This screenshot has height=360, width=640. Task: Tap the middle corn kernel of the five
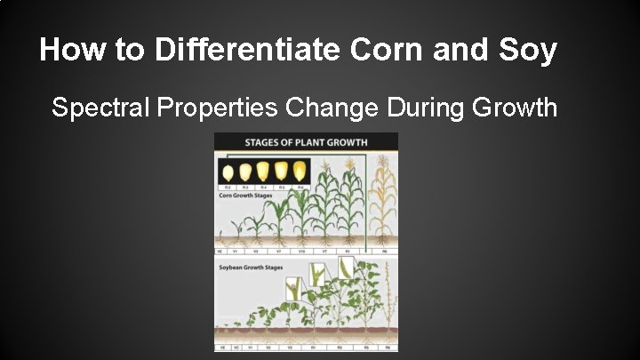click(264, 172)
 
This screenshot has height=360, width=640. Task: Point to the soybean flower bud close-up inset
click(292, 286)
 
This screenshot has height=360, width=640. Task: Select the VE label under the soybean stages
click(221, 347)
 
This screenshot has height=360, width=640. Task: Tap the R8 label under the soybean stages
click(384, 347)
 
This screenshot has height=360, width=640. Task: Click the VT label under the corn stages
click(324, 252)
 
